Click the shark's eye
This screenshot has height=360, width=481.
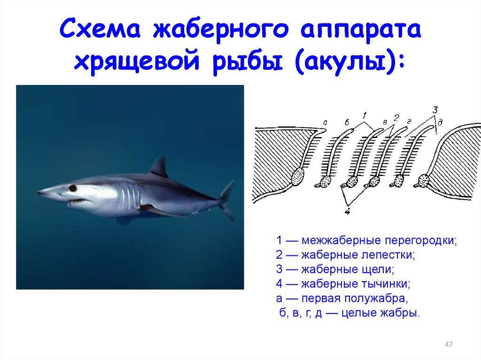72,188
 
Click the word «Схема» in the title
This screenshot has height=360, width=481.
100,29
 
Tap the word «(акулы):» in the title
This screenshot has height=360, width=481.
349,63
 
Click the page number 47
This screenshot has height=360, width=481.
449,344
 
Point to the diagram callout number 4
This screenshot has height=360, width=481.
348,211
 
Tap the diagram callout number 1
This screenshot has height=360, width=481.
365,115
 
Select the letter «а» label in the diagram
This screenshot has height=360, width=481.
326,123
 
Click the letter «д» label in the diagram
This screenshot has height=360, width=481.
440,123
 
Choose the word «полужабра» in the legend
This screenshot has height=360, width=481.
376,299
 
